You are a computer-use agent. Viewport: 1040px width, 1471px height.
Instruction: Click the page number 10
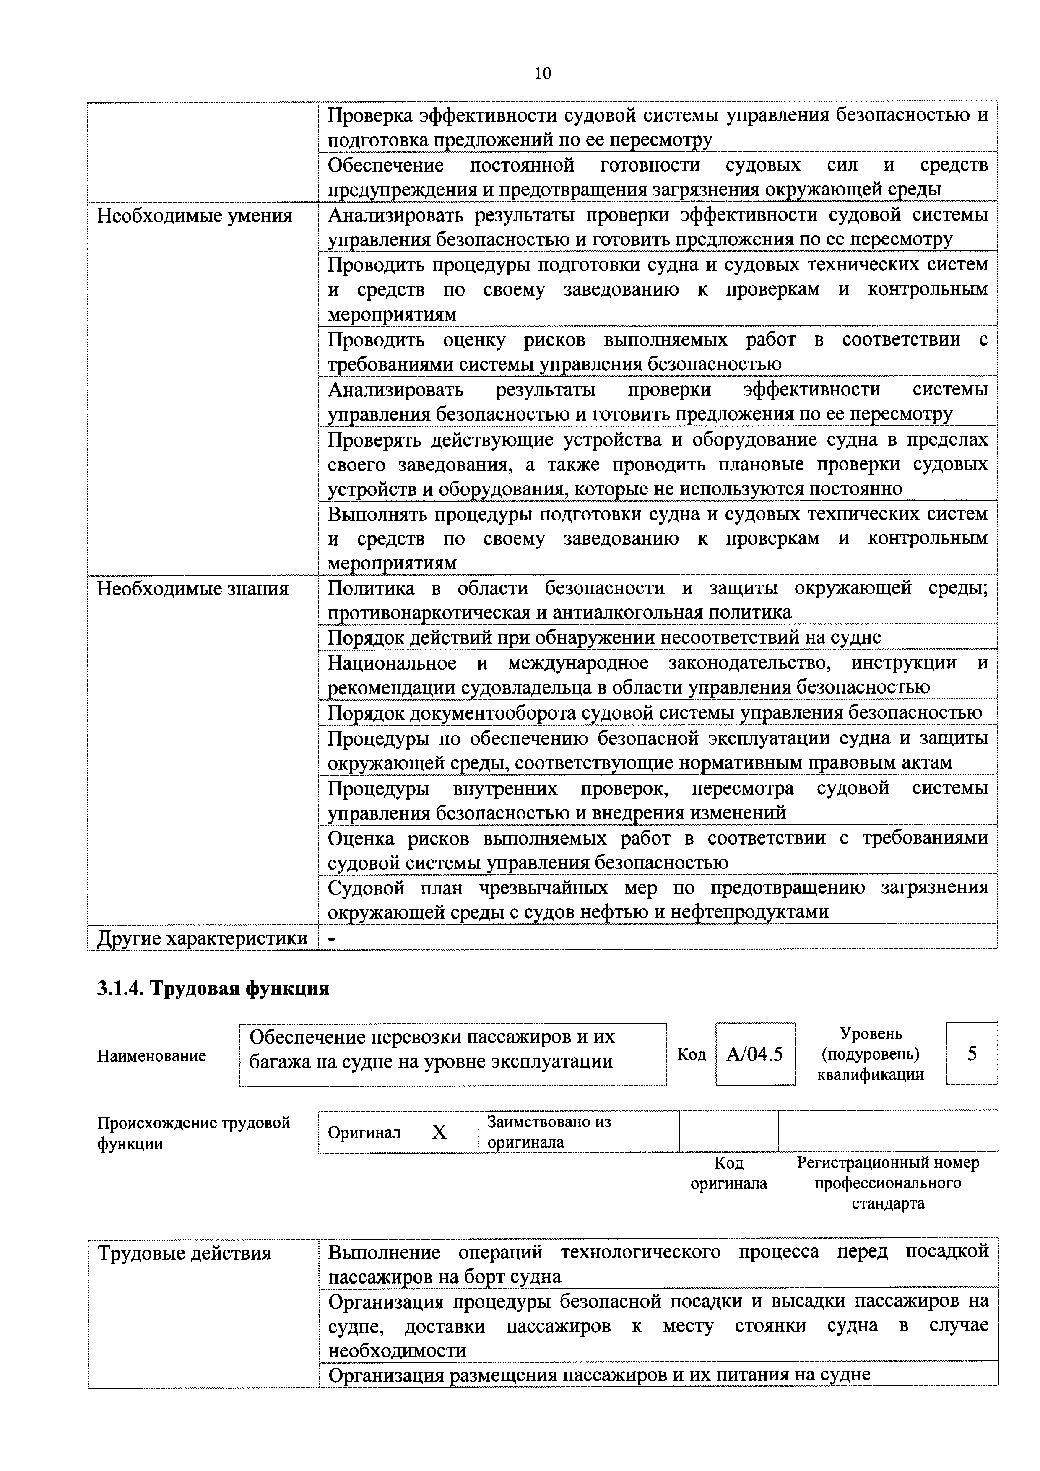[542, 74]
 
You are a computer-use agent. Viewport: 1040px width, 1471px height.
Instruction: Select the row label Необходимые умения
[194, 216]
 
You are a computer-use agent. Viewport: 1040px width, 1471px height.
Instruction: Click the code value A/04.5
[754, 1054]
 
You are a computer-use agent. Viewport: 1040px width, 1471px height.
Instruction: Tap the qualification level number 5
[972, 1053]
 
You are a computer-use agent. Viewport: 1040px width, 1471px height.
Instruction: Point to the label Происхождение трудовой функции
[193, 1133]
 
